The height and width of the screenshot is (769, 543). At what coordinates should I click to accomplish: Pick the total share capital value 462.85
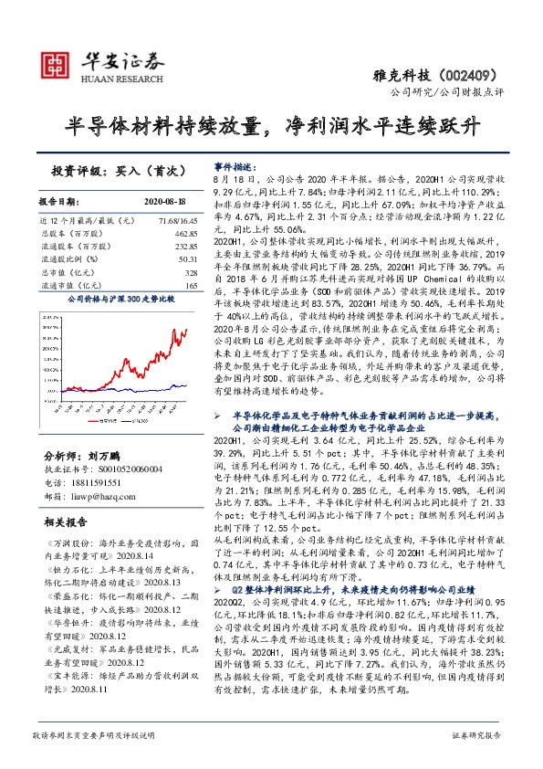184,234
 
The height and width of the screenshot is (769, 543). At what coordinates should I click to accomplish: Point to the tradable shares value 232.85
184,247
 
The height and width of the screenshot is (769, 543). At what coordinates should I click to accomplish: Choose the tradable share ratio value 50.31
187,259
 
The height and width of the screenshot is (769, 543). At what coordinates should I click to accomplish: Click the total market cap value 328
191,273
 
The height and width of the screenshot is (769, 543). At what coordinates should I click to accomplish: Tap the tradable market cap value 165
191,286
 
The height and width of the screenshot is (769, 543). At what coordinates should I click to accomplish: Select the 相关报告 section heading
66,522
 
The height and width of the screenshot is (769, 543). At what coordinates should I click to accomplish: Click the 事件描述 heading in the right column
235,168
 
